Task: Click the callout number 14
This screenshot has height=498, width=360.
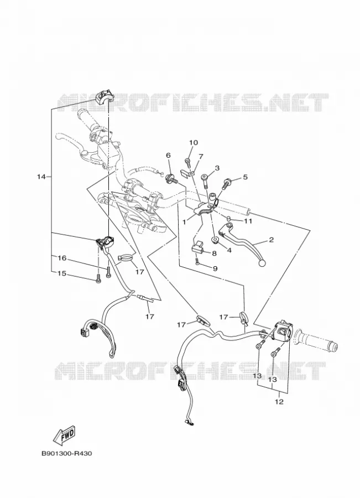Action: tap(41, 177)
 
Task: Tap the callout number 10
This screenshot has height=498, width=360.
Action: tap(194, 143)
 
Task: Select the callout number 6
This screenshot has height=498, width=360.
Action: tap(168, 155)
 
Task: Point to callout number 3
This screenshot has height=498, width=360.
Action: tap(217, 168)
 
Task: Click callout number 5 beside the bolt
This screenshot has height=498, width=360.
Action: tap(245, 177)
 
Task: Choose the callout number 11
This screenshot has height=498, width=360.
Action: tap(248, 221)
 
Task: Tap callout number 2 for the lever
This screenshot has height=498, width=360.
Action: tap(271, 240)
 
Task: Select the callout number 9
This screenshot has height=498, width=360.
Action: tap(215, 269)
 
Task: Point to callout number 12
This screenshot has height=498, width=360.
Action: tap(279, 402)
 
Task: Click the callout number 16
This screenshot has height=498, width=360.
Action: tap(62, 258)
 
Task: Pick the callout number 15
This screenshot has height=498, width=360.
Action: tap(62, 273)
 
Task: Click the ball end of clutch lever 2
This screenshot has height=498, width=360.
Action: tap(262, 263)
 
